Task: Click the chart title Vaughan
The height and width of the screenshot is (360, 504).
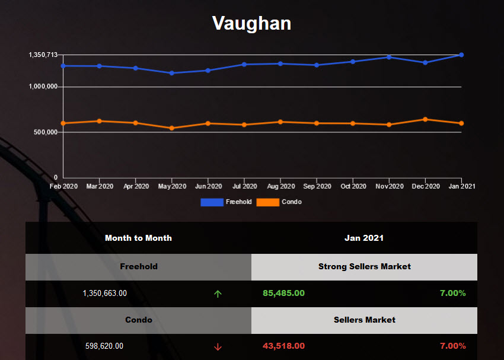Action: (251, 23)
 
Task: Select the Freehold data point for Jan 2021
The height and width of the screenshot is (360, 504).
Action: (461, 55)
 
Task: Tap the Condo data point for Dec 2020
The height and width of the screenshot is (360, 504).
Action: (425, 119)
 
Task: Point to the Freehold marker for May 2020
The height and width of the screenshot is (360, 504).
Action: (171, 73)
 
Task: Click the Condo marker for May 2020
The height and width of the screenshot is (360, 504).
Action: (171, 128)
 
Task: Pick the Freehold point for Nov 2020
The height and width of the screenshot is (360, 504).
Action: (389, 57)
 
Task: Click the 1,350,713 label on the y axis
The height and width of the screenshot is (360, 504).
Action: (43, 55)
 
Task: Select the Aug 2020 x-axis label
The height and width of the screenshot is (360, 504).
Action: (280, 186)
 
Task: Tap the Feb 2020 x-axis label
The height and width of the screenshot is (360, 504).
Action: (63, 186)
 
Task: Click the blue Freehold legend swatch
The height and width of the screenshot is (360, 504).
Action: (212, 202)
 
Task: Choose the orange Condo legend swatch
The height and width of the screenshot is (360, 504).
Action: (268, 202)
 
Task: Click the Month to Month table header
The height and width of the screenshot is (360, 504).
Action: (138, 238)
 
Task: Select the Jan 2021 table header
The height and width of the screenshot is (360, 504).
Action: (364, 238)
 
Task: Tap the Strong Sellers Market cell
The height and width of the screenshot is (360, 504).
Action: (364, 266)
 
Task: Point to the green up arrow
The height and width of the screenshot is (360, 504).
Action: (218, 294)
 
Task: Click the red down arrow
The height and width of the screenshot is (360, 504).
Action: (218, 346)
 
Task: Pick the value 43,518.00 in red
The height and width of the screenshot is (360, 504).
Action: (283, 346)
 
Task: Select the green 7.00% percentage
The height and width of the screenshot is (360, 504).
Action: (452, 293)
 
